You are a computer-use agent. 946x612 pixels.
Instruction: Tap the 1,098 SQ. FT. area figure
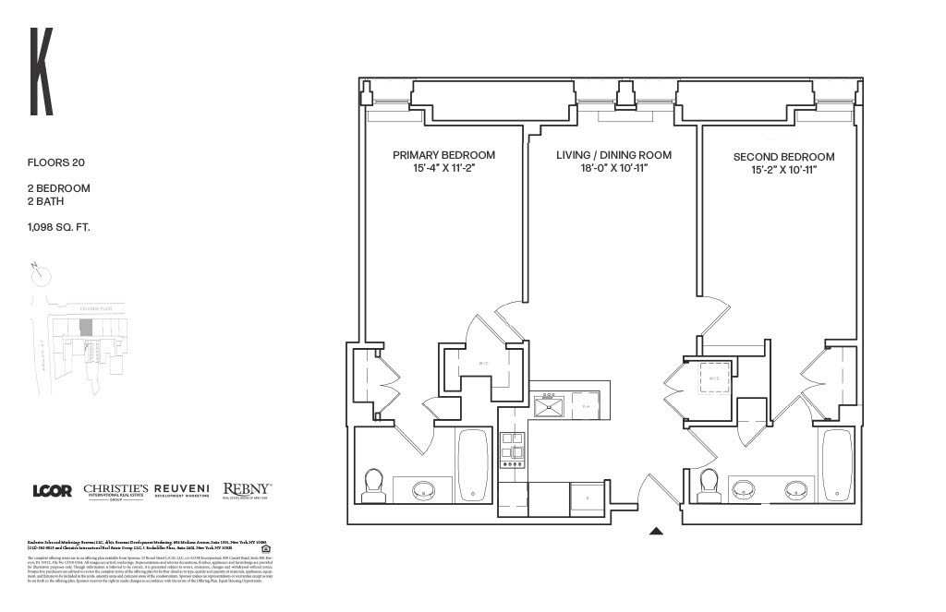(x=58, y=226)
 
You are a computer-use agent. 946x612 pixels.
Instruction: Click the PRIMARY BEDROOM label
(x=443, y=155)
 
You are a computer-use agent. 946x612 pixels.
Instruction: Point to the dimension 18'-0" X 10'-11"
(x=613, y=170)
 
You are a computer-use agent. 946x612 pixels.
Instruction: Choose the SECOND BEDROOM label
(x=783, y=157)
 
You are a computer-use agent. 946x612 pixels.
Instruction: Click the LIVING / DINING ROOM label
(x=613, y=155)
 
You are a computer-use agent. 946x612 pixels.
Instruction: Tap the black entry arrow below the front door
(x=657, y=531)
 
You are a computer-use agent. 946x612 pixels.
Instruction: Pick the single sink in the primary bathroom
(x=426, y=488)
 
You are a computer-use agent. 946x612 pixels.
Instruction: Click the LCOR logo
(x=52, y=491)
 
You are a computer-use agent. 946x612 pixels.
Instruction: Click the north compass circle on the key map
(x=41, y=274)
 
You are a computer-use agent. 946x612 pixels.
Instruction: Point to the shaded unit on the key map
(x=86, y=328)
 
